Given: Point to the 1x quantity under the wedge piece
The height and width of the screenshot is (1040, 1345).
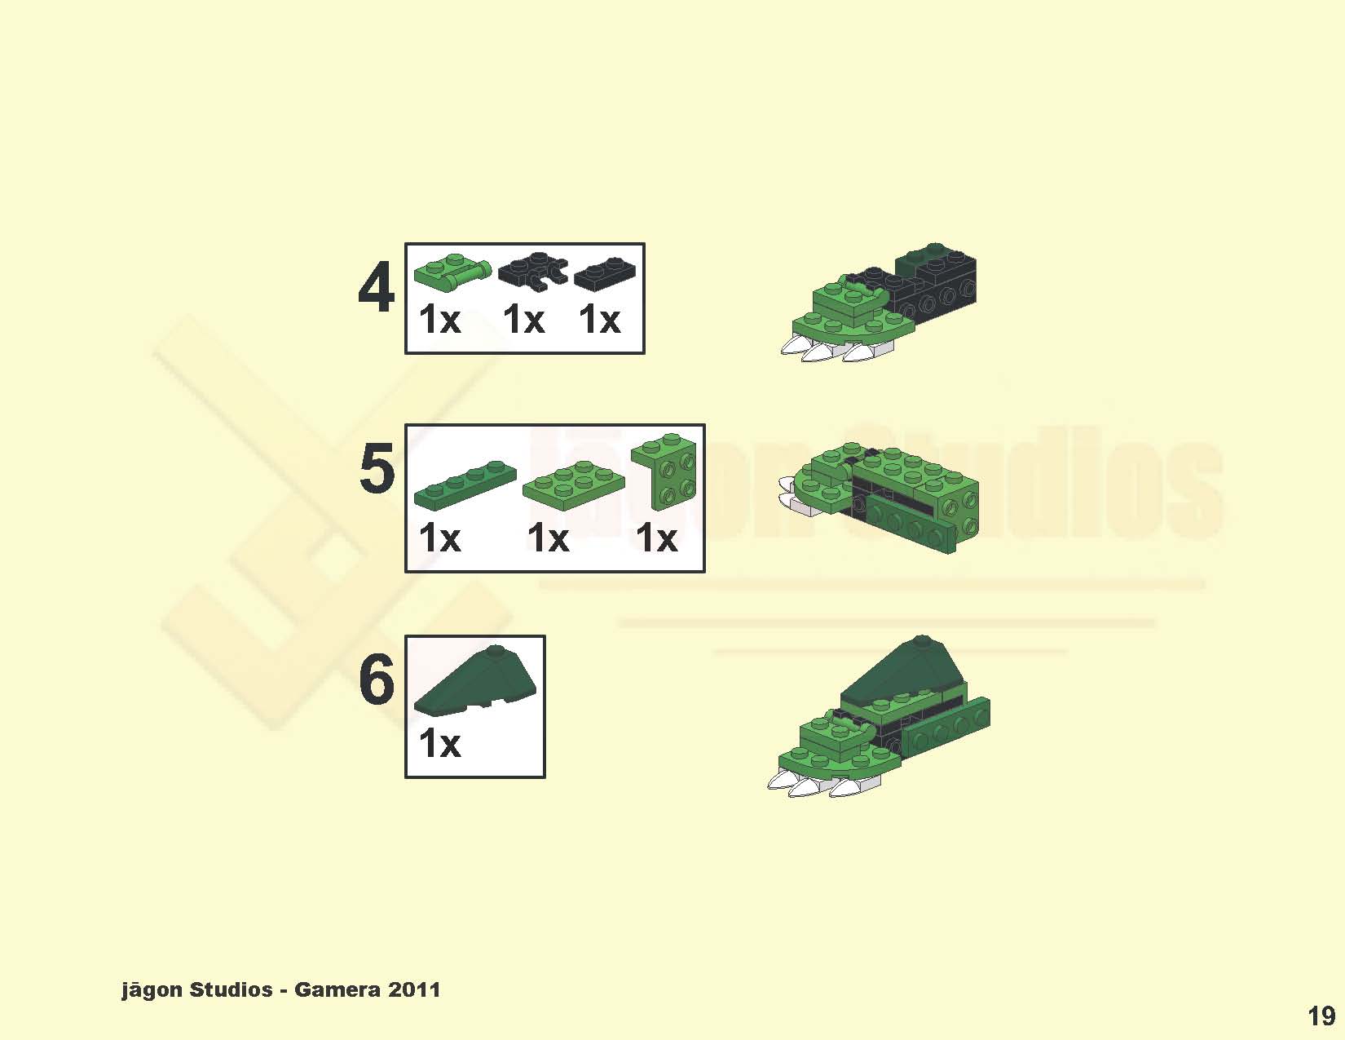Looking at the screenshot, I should click(439, 744).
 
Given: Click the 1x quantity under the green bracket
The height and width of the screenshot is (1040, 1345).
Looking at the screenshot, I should click(656, 538).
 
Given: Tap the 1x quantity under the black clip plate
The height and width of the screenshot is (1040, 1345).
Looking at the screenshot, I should click(523, 320).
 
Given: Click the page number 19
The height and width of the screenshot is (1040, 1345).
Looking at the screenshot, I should click(1321, 1016).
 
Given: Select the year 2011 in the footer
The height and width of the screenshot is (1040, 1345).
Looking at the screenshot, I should click(414, 990).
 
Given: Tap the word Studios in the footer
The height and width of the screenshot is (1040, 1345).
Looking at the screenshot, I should click(231, 990).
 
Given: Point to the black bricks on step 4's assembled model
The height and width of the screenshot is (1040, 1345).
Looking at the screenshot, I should click(937, 285).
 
